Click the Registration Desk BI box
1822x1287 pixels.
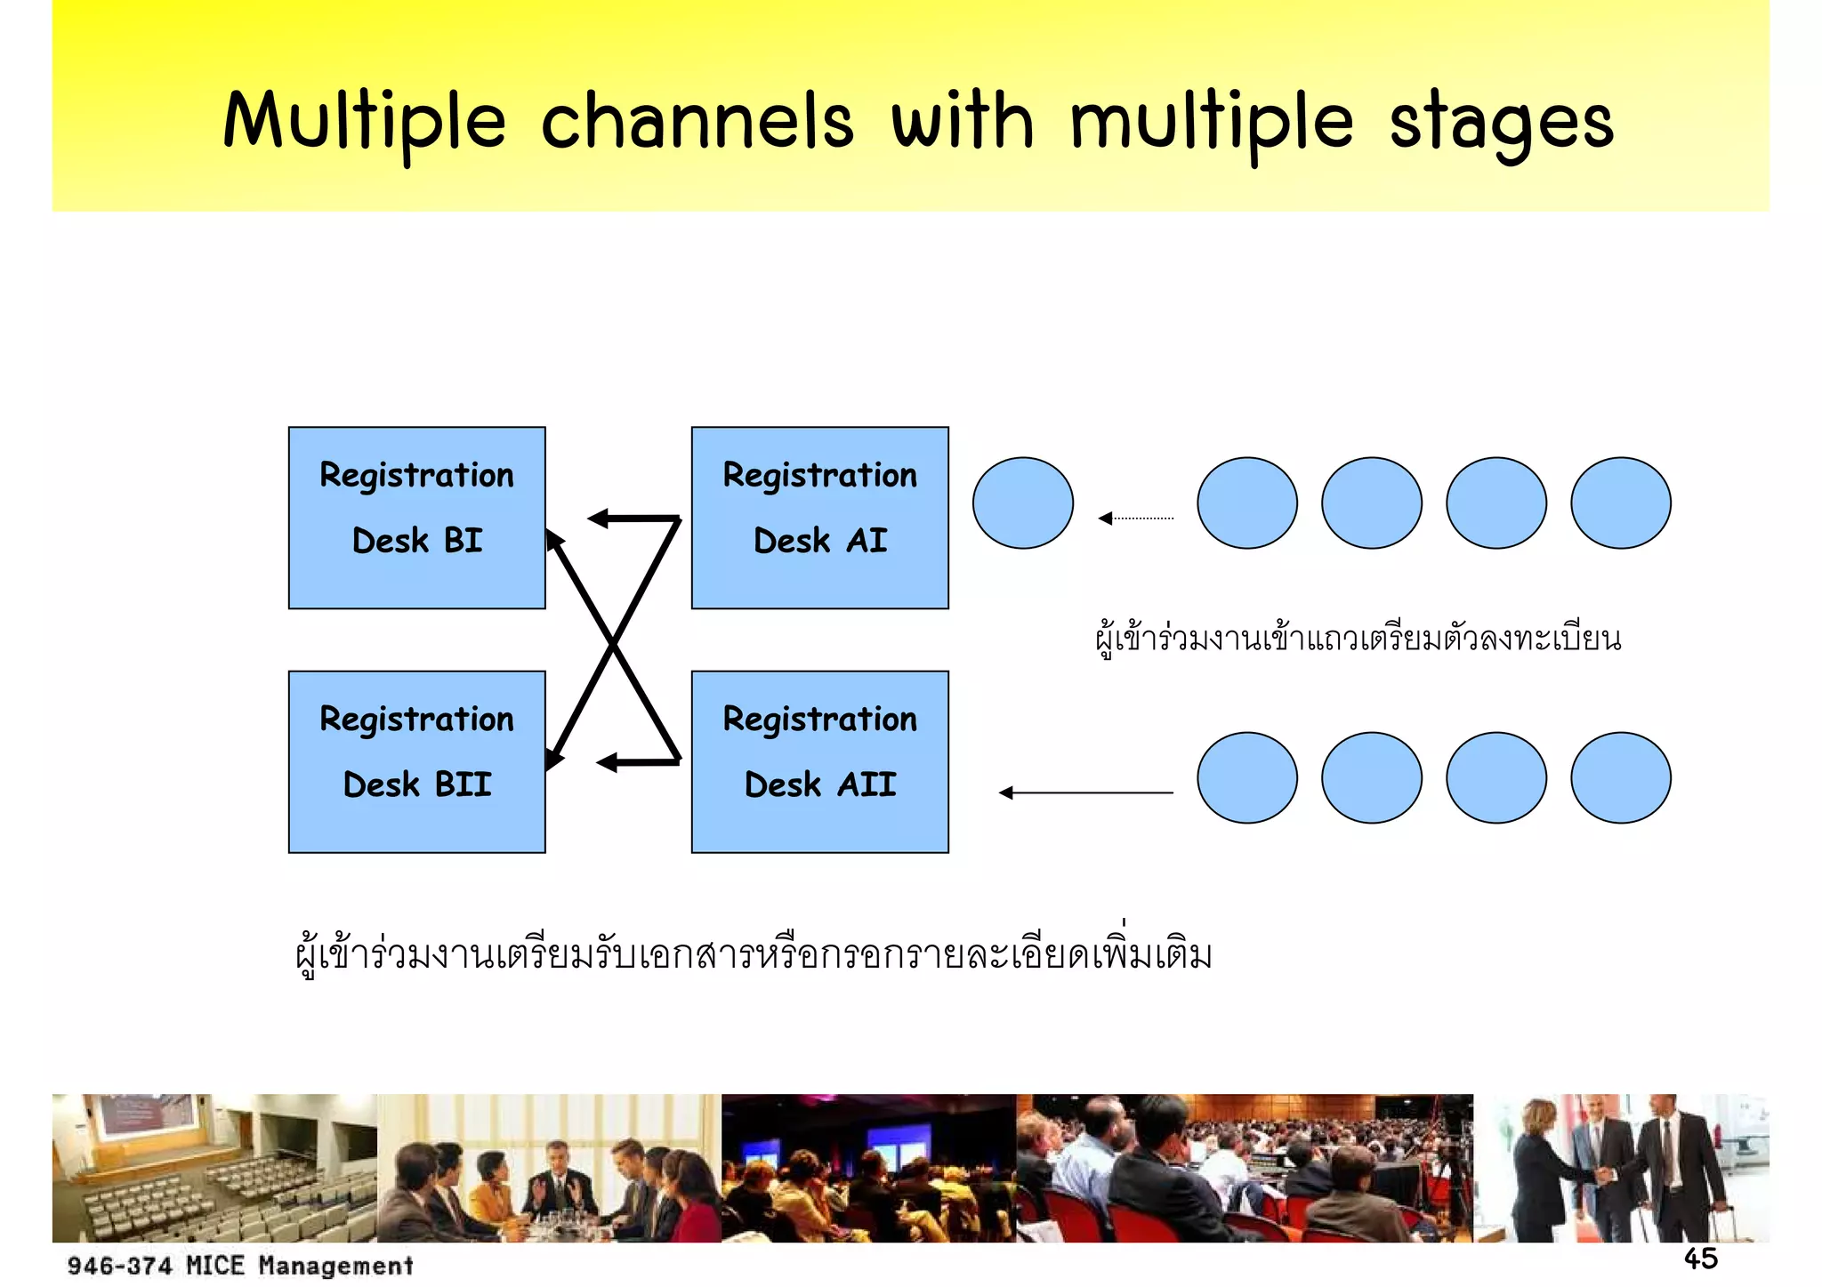point(416,518)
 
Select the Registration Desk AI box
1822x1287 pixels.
point(819,518)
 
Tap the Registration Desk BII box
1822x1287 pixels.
point(416,761)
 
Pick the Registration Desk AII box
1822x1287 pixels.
point(819,761)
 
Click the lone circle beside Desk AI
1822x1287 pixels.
point(1022,503)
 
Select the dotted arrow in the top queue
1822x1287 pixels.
point(1136,518)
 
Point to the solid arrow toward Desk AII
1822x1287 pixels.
point(1085,792)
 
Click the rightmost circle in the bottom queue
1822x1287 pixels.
point(1620,777)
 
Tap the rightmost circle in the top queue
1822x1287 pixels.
point(1620,503)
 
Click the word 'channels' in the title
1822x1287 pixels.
point(697,123)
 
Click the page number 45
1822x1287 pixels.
point(1700,1259)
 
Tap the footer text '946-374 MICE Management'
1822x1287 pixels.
point(240,1265)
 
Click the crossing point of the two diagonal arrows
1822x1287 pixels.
point(614,642)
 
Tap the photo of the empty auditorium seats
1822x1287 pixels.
point(214,1168)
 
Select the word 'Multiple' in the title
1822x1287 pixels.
point(365,123)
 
